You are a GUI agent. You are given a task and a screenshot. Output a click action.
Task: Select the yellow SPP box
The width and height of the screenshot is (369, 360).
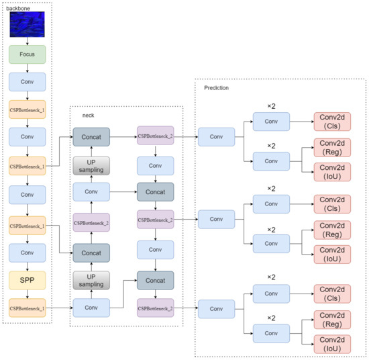click(28, 278)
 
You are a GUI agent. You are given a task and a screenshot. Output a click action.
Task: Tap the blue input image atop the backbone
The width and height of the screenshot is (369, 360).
click(28, 24)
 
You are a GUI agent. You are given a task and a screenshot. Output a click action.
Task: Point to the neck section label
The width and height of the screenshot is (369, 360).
click(88, 116)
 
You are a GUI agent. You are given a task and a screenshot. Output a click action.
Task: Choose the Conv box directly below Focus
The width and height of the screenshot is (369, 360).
click(28, 82)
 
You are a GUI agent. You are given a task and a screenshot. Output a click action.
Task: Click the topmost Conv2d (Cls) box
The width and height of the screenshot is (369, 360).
click(332, 122)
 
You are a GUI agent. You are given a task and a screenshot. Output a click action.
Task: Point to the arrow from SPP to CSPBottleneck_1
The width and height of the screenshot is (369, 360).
click(28, 293)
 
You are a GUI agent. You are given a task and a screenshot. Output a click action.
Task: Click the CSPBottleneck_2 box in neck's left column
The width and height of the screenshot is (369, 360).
click(91, 222)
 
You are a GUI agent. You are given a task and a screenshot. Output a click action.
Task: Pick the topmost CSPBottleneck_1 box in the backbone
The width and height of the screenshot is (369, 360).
click(28, 109)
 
